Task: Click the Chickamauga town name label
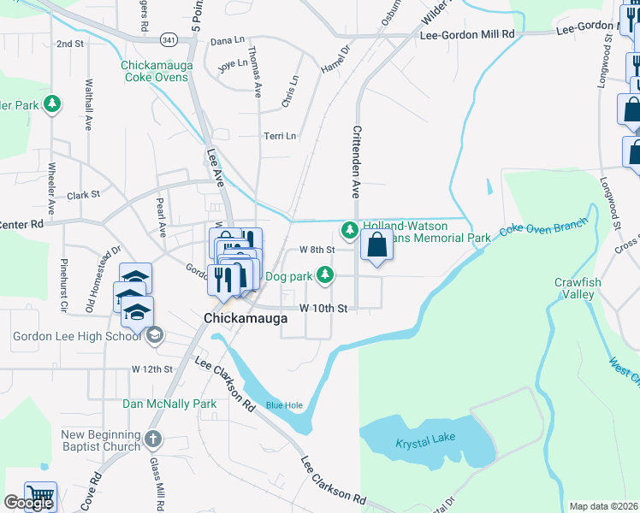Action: pos(245,318)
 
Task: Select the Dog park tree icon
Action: pos(324,274)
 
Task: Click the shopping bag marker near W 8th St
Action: pos(376,247)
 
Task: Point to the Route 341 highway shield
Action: pos(168,38)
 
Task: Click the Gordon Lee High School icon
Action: pos(154,336)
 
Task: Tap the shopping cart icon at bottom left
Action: pos(40,496)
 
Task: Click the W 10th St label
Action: pos(323,308)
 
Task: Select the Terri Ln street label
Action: pos(280,136)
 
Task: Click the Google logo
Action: pos(27,503)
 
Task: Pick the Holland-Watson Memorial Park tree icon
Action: pos(349,229)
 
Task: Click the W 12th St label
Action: pos(152,369)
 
